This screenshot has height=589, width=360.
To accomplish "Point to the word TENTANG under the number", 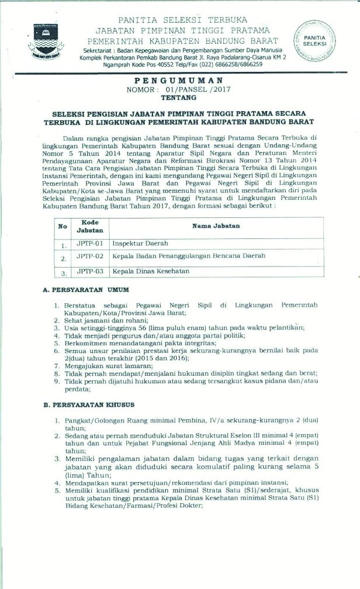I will click(179, 98).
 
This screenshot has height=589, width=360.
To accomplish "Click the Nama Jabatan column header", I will click(216, 226).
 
